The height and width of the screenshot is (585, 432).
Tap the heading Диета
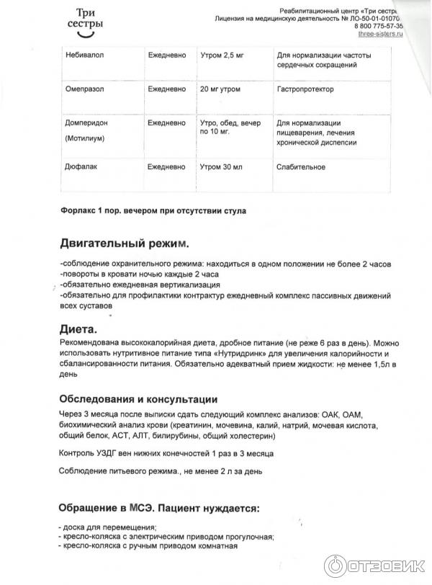tap(78, 329)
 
